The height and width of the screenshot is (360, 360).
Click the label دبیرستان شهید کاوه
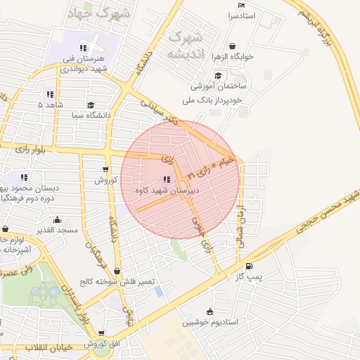(166, 191)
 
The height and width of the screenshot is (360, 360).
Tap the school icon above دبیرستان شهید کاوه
(167, 179)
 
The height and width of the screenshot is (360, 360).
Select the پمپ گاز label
(249, 277)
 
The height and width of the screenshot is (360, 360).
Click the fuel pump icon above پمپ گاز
(251, 266)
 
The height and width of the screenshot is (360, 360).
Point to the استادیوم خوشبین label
(210, 323)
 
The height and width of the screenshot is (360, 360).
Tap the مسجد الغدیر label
(58, 231)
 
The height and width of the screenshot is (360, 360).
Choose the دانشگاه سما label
(89, 115)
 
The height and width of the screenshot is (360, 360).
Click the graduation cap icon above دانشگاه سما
(91, 104)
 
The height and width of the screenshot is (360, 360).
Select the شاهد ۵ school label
(51, 105)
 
